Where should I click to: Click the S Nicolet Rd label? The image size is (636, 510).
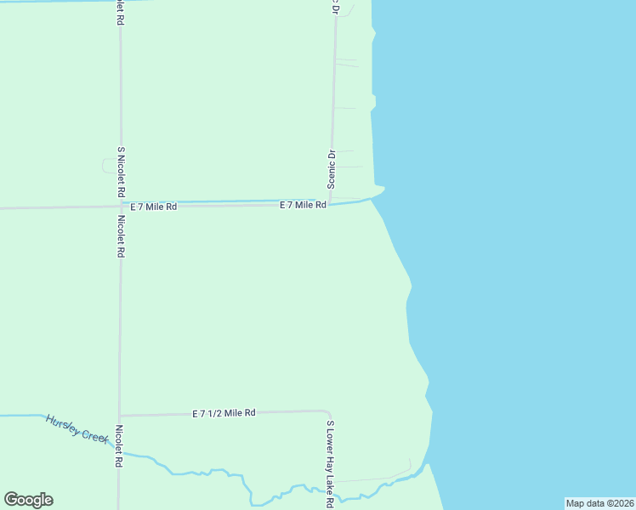(122, 169)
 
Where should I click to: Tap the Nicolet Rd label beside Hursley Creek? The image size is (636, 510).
(120, 446)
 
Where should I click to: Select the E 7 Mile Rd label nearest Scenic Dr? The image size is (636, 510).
(304, 205)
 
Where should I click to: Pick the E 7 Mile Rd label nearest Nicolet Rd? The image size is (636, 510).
(154, 207)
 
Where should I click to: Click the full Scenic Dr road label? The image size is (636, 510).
(332, 169)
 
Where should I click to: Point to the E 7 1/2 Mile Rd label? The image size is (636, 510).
(224, 413)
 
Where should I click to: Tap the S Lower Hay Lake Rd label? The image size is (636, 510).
(329, 463)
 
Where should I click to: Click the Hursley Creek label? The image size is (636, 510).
(77, 428)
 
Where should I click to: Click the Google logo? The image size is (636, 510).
(28, 500)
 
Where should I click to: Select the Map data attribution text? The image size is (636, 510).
(599, 503)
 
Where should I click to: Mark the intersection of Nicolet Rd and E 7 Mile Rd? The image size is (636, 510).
(120, 207)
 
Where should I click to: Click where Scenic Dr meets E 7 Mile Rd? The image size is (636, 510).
(331, 204)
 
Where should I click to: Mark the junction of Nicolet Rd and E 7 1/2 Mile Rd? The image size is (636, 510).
(120, 415)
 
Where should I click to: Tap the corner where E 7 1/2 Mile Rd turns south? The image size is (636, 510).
(327, 412)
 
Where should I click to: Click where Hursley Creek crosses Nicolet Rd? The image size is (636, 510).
(120, 453)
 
